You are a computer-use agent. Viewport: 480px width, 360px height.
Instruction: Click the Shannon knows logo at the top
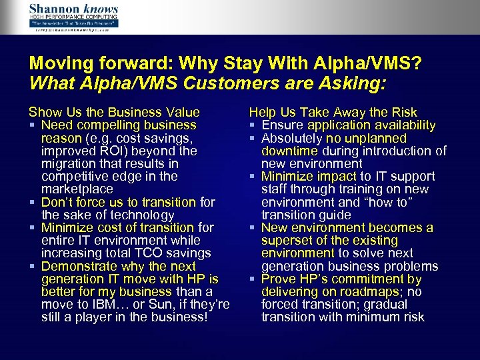pos(73,16)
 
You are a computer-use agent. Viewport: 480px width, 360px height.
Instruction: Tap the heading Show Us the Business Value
pos(114,113)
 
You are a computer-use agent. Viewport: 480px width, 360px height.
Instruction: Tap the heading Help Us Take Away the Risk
pos(333,113)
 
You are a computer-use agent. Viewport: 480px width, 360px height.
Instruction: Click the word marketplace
pos(78,189)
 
